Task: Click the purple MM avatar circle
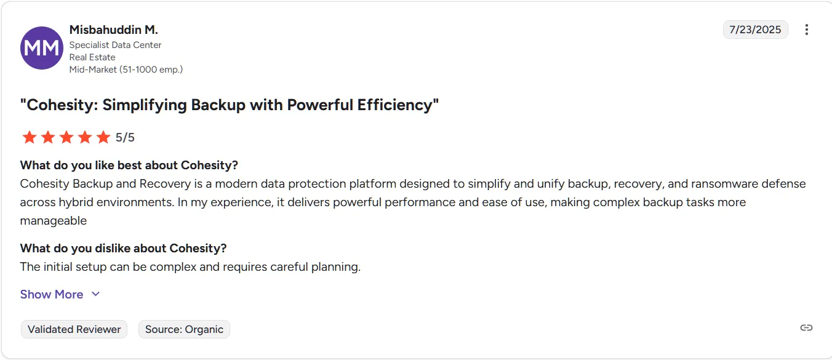42,48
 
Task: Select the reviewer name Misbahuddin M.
114,30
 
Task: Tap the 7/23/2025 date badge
755,30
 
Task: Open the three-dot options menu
807,30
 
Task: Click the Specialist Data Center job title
115,45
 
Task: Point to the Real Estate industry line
92,57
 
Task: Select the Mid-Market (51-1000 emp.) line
126,70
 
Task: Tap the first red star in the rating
29,137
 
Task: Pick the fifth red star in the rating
103,137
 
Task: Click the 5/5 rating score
125,137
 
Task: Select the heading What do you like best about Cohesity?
129,165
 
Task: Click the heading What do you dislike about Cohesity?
124,248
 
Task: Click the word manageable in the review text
54,220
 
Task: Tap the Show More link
52,294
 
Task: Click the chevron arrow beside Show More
95,294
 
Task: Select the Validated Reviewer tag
74,329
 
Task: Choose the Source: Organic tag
184,329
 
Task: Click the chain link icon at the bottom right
806,327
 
